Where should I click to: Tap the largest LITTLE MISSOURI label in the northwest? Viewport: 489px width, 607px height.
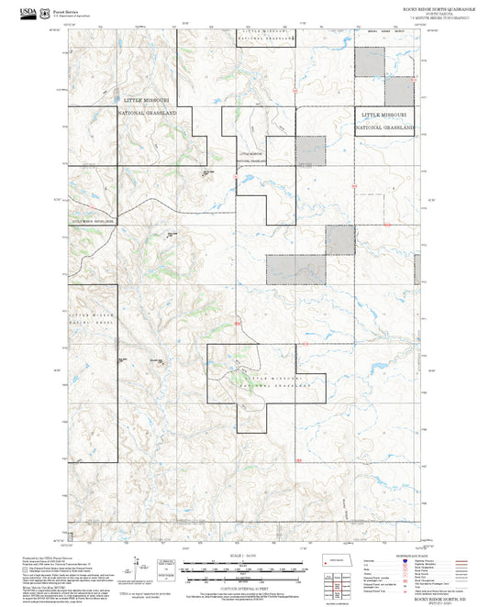149,98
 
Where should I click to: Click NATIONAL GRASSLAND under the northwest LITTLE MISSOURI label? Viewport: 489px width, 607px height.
149,112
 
